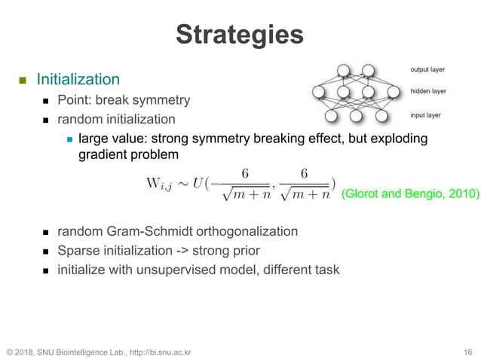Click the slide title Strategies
pyautogui.click(x=240, y=35)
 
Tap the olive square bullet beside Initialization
pyautogui.click(x=23, y=80)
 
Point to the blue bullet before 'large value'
pyautogui.click(x=69, y=139)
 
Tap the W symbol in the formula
pyautogui.click(x=152, y=183)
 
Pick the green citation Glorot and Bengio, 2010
pyautogui.click(x=409, y=194)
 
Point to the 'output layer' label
pyautogui.click(x=427, y=70)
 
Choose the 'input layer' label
pyautogui.click(x=426, y=115)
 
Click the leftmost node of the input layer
pyautogui.click(x=330, y=116)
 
